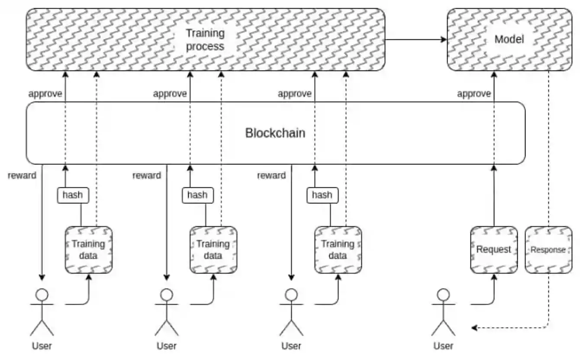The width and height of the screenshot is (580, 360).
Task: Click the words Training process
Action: tap(205, 40)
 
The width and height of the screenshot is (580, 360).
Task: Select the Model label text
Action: tap(509, 39)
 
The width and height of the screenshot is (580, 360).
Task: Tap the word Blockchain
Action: tap(275, 133)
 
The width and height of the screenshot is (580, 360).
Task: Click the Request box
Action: tap(494, 250)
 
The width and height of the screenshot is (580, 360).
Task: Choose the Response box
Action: tap(548, 250)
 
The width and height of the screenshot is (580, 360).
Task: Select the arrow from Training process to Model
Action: tap(416, 40)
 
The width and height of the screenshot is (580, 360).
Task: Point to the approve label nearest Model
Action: tap(474, 93)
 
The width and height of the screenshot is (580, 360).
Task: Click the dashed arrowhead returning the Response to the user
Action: tap(474, 328)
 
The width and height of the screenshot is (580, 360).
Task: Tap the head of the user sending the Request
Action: tap(443, 295)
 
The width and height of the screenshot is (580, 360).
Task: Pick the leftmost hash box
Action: tap(73, 195)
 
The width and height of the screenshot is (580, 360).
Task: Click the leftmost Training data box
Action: tap(89, 250)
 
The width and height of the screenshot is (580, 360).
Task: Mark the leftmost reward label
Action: tap(22, 175)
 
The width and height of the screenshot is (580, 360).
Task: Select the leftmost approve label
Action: tap(45, 93)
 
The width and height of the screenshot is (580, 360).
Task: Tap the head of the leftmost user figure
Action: tap(42, 295)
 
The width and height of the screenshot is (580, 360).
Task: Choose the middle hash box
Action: tap(197, 195)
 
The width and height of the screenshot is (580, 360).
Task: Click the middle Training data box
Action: tap(213, 250)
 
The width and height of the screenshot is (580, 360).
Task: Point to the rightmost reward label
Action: tap(271, 175)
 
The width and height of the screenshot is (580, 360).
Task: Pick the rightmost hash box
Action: tap(322, 195)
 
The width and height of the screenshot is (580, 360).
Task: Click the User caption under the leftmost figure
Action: tap(42, 346)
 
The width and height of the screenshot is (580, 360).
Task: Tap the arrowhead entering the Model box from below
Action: tap(493, 74)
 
